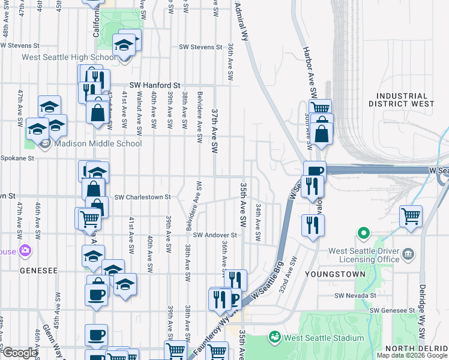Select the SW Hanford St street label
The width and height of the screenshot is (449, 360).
click(x=155, y=86)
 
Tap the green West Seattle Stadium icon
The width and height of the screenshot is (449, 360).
click(x=275, y=337)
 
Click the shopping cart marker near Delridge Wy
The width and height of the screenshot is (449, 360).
click(x=411, y=216)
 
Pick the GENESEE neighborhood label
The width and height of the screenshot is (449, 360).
click(x=38, y=271)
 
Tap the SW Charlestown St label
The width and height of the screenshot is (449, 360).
click(x=143, y=197)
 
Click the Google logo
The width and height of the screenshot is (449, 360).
click(x=20, y=353)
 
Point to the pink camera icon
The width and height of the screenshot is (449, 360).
click(x=25, y=250)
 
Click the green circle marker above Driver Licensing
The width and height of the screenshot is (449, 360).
click(x=363, y=233)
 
